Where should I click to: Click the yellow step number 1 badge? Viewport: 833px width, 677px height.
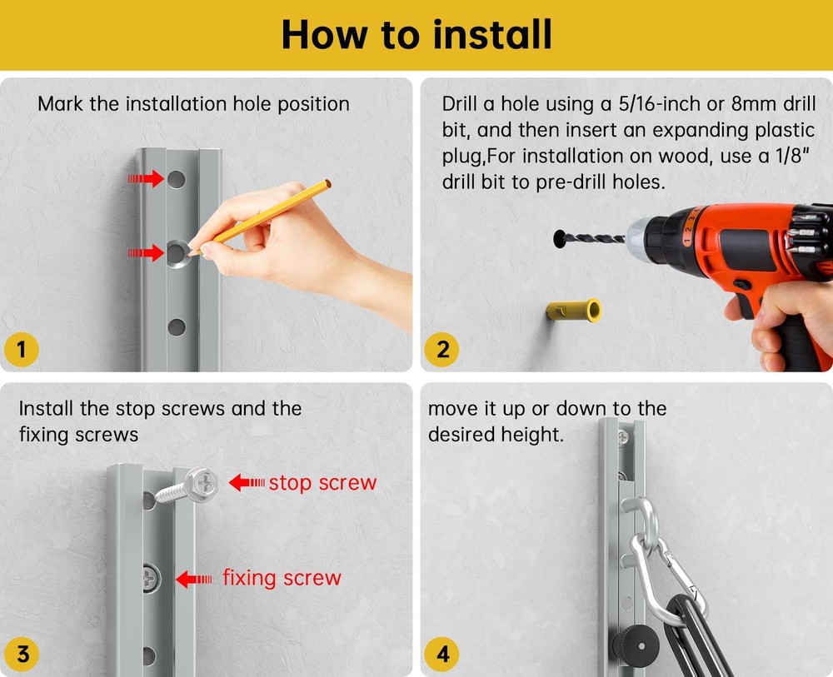coord(22,350)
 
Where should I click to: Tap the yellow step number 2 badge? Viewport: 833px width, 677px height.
coord(442,350)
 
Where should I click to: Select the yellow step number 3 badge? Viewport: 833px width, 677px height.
coord(22,654)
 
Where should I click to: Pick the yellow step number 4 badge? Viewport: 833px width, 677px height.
coord(442,654)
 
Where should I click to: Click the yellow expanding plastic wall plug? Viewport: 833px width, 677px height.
coord(574,310)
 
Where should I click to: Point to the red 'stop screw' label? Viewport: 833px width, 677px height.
coord(322,483)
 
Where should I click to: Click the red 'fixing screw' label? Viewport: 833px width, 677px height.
coord(282,578)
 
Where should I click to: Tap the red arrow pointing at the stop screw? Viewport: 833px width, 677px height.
coord(247,483)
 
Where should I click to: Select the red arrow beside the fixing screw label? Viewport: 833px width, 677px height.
coord(193,579)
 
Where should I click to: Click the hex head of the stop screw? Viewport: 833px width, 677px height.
coord(202,485)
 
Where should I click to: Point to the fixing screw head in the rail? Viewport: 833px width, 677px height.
coord(152,579)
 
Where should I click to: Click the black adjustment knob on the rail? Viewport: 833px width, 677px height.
coord(636,645)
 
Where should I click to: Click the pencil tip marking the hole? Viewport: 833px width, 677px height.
coord(190,253)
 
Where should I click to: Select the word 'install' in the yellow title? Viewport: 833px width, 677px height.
coord(492,34)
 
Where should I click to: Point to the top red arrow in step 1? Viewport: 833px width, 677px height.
coord(146,178)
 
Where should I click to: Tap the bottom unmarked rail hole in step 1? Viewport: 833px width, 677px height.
coord(177,327)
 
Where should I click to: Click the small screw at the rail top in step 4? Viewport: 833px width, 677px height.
coord(622,437)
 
